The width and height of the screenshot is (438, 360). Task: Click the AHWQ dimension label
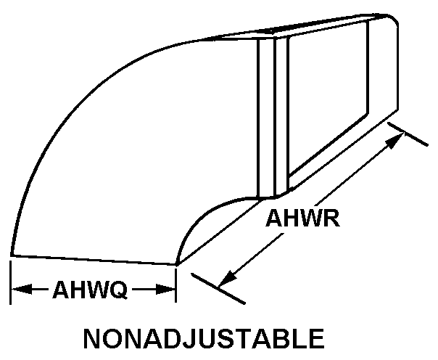pos(90,290)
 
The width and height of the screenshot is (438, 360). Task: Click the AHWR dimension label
pos(302,218)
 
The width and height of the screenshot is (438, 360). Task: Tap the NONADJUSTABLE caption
pos(204,338)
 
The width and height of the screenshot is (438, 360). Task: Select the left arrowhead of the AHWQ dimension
pos(22,290)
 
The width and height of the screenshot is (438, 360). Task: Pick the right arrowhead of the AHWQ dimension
pos(165,290)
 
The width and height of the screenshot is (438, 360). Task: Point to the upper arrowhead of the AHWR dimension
pos(394,141)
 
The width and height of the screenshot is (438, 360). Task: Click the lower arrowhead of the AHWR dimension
pos(228,279)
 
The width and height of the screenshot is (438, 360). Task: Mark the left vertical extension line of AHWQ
pos(11,282)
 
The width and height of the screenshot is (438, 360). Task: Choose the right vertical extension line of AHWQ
pos(175,285)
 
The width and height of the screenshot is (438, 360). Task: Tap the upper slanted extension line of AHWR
pos(408,134)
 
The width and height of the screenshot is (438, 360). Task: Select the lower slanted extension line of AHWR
pos(218,288)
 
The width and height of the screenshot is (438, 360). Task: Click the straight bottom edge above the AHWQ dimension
pos(94,260)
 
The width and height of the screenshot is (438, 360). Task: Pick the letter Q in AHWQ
pos(117,290)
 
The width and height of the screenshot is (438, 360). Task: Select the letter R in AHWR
pos(331,218)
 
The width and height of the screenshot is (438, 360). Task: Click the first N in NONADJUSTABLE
pos(92,338)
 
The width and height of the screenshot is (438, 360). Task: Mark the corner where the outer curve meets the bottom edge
pos(12,255)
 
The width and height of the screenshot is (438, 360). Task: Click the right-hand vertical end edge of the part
pos(397,67)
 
